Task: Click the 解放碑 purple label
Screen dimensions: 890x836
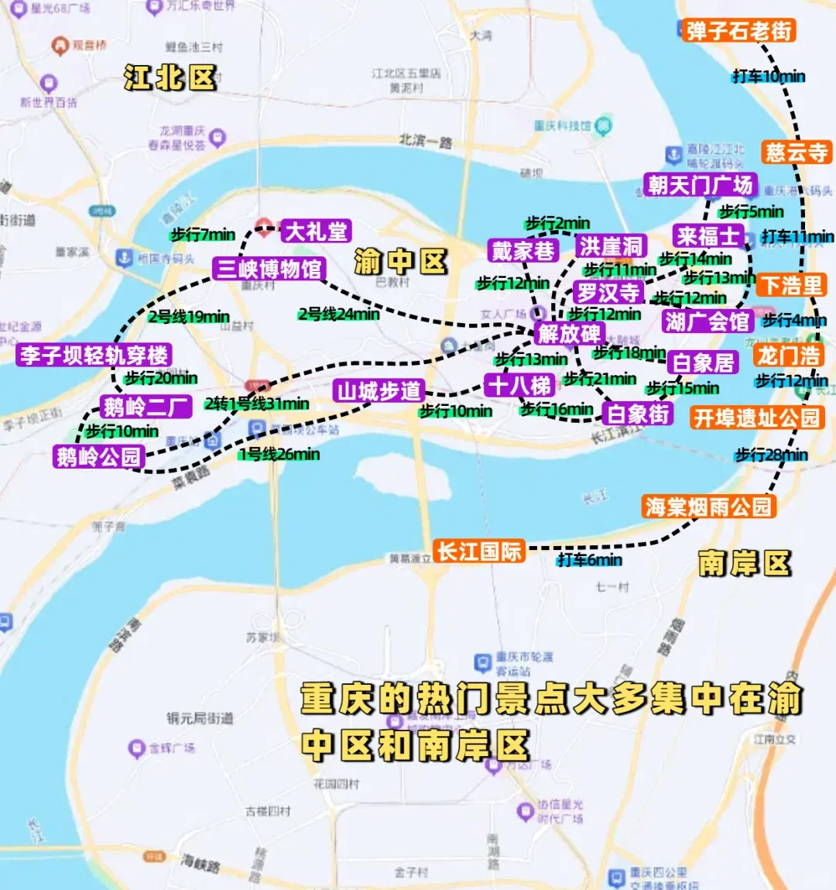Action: [x=569, y=334]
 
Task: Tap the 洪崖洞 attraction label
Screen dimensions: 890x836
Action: [x=611, y=246]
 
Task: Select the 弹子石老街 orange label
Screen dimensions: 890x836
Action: [x=738, y=31]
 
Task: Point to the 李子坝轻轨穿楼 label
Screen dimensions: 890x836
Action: [x=94, y=356]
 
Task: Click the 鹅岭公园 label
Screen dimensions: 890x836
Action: [x=98, y=457]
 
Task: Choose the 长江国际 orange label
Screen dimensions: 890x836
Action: [x=479, y=552]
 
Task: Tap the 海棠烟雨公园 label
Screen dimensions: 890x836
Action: [x=708, y=507]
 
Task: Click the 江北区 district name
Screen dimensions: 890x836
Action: [x=170, y=77]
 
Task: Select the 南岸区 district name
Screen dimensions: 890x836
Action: [x=744, y=563]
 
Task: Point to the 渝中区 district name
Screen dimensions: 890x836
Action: [x=401, y=262]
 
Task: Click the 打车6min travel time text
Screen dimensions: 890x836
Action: [x=589, y=560]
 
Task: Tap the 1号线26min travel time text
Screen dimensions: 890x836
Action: [x=279, y=455]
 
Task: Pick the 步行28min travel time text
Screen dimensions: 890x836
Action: [x=771, y=455]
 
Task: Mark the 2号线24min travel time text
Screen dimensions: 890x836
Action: [x=339, y=314]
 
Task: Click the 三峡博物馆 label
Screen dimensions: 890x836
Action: [x=269, y=269]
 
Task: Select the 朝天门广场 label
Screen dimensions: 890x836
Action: [x=700, y=185]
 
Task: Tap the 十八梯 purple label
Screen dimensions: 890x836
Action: [x=519, y=385]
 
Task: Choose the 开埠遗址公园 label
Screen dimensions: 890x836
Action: [x=756, y=418]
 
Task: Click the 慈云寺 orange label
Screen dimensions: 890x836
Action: [x=796, y=152]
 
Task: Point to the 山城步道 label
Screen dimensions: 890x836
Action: [x=379, y=391]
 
